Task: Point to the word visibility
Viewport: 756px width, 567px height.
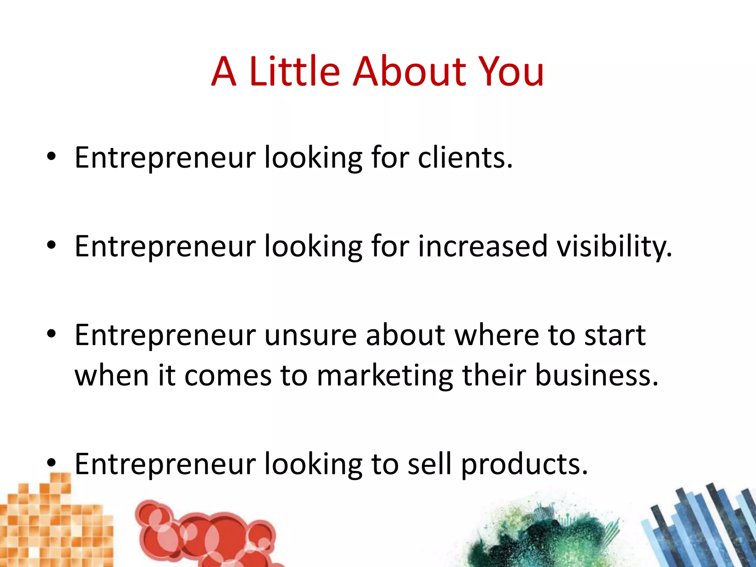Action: (614, 247)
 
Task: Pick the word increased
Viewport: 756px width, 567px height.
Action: (482, 247)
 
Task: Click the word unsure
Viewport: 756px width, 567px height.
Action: (310, 335)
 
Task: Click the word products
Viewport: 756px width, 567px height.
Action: (525, 464)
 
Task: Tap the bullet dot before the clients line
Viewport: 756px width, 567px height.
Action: (51, 157)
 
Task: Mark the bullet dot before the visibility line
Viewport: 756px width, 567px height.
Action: (51, 245)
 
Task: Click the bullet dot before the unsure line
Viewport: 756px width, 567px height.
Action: (51, 334)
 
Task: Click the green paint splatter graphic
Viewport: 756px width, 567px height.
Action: (539, 535)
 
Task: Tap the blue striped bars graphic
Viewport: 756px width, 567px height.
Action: (701, 528)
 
